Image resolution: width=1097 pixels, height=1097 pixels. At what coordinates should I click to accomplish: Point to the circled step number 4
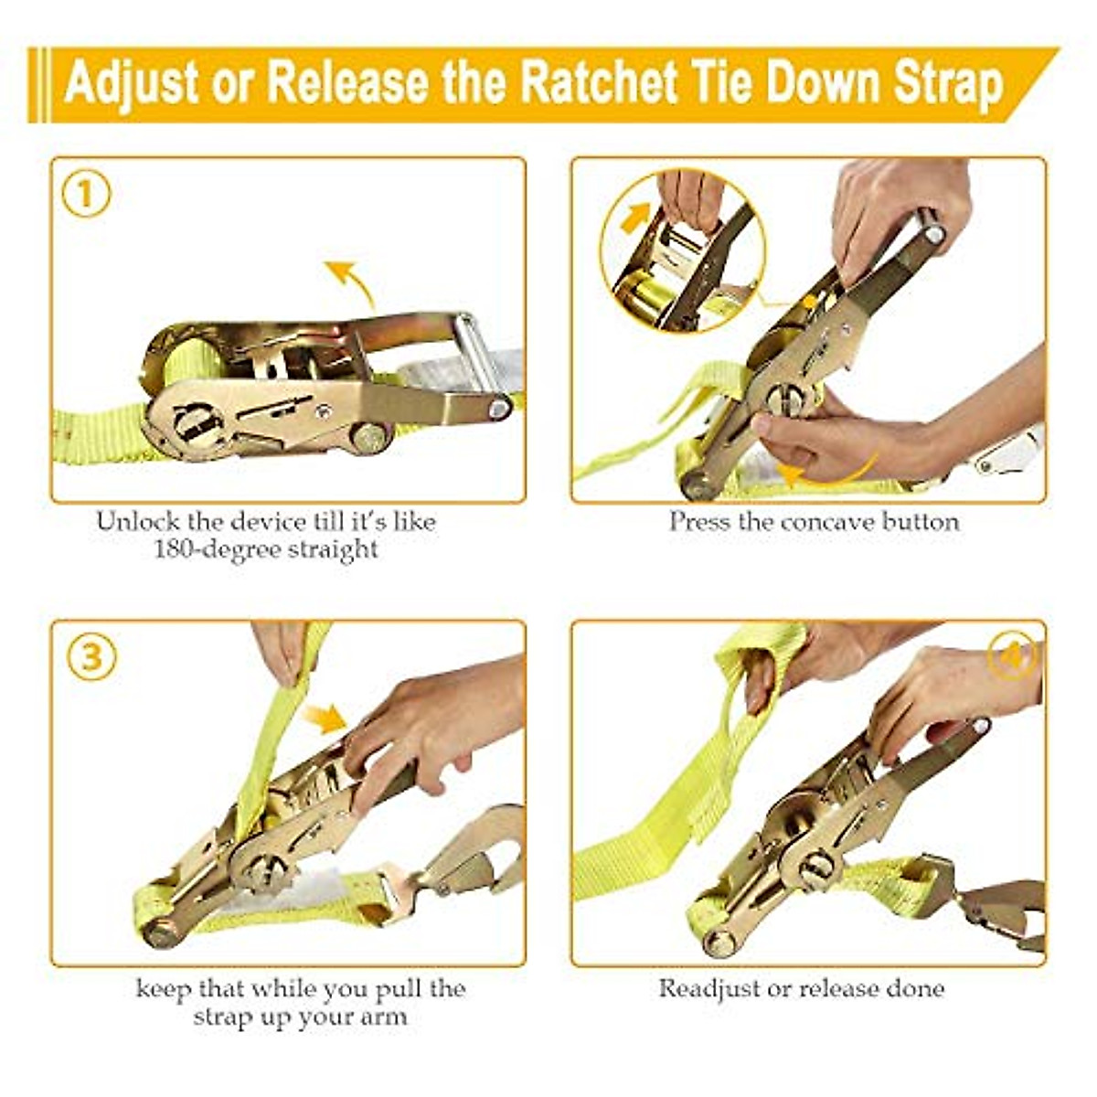pos(1013,656)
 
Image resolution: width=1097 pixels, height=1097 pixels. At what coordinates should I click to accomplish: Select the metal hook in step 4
pos(1006,914)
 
